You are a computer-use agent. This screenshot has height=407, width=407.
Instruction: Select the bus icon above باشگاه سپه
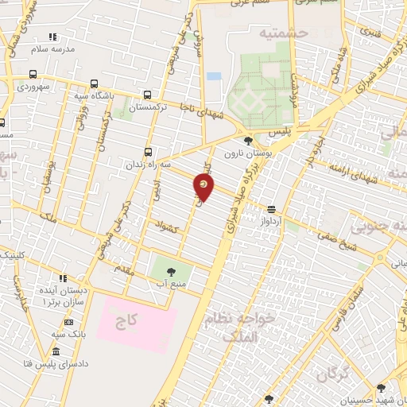coord(95,84)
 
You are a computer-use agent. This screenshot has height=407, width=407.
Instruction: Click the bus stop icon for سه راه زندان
coord(148,152)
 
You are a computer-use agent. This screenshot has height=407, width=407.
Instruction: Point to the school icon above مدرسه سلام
coord(53,37)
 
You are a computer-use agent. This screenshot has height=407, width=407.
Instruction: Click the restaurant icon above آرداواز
coord(272,209)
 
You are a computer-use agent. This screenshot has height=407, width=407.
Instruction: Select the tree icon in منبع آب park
coord(171,272)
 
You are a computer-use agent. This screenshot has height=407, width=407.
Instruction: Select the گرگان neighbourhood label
coord(332,374)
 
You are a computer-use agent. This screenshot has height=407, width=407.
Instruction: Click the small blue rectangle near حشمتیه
coord(213,77)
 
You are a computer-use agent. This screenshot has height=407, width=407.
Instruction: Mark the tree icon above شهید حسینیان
coord(381,388)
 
